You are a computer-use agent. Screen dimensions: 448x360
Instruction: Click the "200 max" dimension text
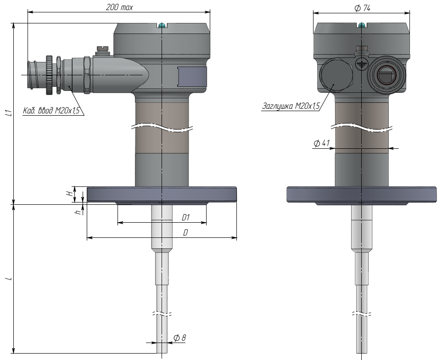pyautogui.click(x=119, y=7)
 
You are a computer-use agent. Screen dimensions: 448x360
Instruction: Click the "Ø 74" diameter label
pyautogui.click(x=362, y=8)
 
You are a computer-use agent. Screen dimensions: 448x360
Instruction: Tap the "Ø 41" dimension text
pyautogui.click(x=322, y=143)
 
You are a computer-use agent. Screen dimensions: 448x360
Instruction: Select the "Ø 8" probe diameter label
pyautogui.click(x=180, y=338)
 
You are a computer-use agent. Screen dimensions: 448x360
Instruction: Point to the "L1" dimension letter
pyautogui.click(x=10, y=113)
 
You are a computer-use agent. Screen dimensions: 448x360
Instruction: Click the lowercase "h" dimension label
pyautogui.click(x=78, y=212)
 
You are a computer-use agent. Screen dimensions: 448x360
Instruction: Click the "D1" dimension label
pyautogui.click(x=186, y=218)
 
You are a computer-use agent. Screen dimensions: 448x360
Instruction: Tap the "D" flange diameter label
pyautogui.click(x=185, y=232)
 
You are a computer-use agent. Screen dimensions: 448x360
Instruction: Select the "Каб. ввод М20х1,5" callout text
pyautogui.click(x=51, y=110)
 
